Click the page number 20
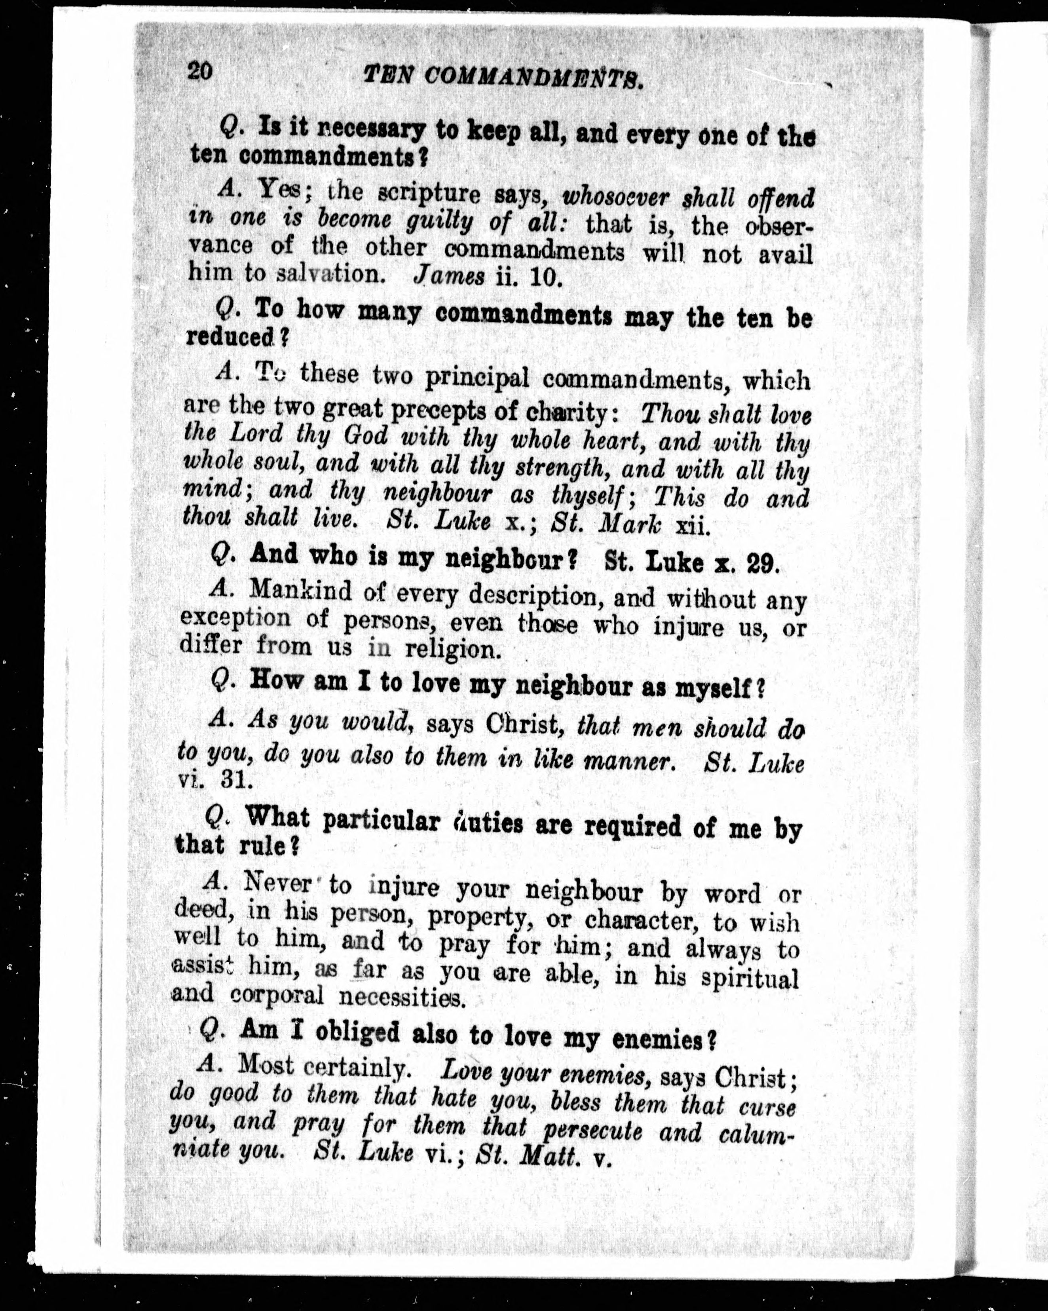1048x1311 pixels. [x=200, y=71]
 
